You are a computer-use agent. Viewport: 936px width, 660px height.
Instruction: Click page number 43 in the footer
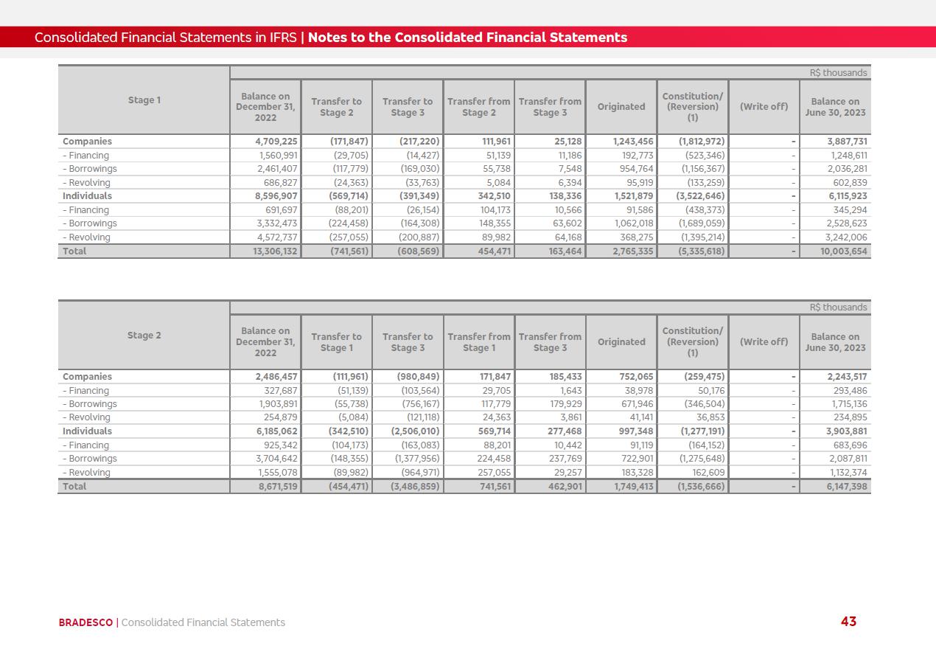[x=848, y=622]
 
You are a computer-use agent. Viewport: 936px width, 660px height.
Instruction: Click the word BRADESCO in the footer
[x=85, y=622]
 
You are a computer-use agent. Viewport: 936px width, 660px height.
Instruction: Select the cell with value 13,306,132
[x=265, y=251]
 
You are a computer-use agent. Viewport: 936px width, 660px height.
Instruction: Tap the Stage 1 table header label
[x=144, y=100]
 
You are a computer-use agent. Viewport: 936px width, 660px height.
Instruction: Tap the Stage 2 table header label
[x=144, y=336]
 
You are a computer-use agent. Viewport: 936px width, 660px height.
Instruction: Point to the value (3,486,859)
[x=408, y=487]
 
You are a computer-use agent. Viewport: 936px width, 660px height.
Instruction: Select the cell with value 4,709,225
[x=265, y=142]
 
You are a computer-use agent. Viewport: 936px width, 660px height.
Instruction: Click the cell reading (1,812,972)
[x=692, y=142]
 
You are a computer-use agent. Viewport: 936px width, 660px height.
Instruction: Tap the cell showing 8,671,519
[x=265, y=487]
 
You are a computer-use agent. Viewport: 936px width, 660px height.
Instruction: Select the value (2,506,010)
[x=408, y=431]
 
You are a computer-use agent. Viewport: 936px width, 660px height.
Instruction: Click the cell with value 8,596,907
[x=265, y=196]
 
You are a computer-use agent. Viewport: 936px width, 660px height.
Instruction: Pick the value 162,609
[x=705, y=473]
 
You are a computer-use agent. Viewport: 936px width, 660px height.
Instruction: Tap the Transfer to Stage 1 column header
[x=336, y=342]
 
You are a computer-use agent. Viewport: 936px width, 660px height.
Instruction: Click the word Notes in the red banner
[x=326, y=38]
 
